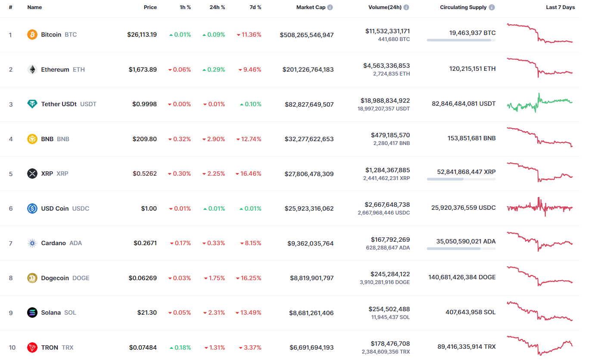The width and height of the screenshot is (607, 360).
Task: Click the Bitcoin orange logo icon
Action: tap(32, 35)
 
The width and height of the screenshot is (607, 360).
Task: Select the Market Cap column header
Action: tap(311, 7)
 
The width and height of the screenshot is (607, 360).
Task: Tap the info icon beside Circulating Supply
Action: tap(492, 7)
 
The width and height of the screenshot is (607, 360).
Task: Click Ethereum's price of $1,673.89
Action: tap(143, 69)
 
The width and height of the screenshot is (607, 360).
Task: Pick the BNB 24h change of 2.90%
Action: tap(214, 139)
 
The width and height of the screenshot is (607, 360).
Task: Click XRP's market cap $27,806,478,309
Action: tap(309, 174)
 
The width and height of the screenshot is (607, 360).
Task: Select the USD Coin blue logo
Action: tap(32, 208)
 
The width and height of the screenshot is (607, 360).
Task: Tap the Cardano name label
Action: tap(53, 243)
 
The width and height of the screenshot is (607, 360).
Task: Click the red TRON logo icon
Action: tap(32, 347)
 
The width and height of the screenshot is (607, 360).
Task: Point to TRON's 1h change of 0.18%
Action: tap(180, 347)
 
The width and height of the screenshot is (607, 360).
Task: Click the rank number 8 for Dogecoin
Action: tap(11, 278)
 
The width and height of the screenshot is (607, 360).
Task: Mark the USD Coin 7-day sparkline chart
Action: tap(540, 208)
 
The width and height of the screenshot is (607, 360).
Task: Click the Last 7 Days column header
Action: tap(560, 7)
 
